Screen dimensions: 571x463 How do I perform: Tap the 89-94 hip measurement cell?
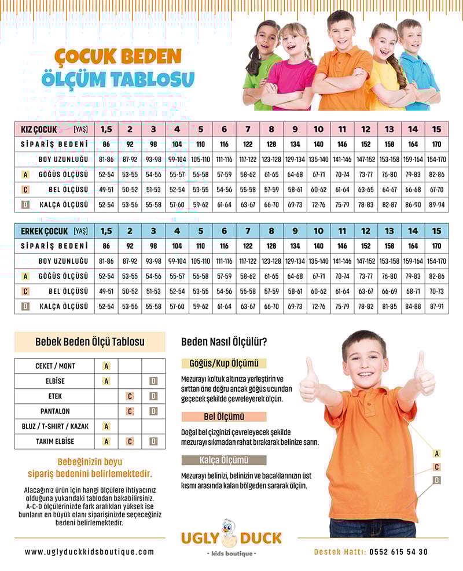(436, 204)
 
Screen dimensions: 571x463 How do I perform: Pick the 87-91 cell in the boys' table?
(436, 306)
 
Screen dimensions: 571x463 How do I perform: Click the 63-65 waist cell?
(366, 189)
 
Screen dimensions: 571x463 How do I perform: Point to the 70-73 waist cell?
(436, 291)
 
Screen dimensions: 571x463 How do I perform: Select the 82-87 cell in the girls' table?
(389, 204)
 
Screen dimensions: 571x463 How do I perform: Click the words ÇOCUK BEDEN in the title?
(118, 57)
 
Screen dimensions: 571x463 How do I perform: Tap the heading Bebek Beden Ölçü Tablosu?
(90, 342)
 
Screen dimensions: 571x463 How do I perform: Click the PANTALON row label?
(55, 411)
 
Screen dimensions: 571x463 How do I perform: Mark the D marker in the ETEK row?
(153, 396)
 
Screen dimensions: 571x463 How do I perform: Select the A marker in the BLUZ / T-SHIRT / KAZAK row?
(106, 426)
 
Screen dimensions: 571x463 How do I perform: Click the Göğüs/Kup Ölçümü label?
(223, 364)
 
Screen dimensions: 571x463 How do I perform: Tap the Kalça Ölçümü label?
(223, 461)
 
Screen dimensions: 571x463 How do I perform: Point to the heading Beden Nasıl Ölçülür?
(224, 342)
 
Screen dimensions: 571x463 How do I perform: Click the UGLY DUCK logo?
(231, 537)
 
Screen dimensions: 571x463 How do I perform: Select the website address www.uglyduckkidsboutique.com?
(90, 552)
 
